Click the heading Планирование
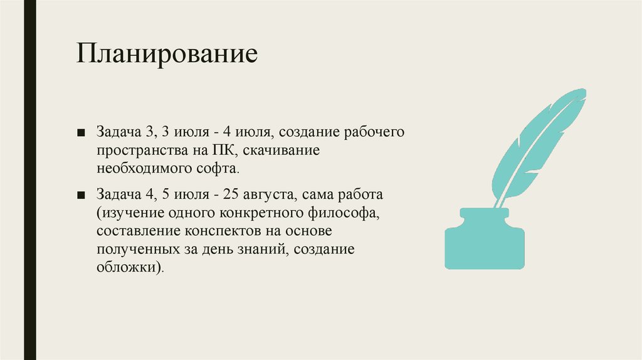[x=167, y=53]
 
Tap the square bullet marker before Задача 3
[x=82, y=133]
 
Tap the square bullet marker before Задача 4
[x=82, y=195]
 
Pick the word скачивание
[x=280, y=151]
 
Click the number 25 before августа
[x=226, y=195]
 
